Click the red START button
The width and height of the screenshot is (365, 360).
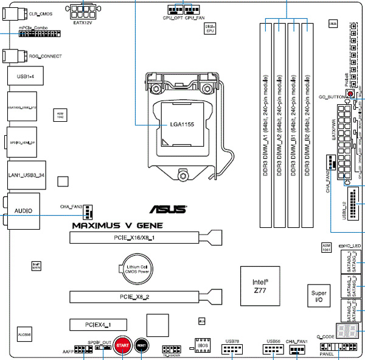(x=122, y=345)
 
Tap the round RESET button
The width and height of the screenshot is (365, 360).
(x=142, y=345)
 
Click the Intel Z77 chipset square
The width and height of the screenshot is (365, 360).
(x=263, y=286)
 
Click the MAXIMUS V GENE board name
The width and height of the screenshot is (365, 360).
(x=117, y=224)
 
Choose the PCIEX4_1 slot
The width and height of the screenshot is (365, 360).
(x=97, y=324)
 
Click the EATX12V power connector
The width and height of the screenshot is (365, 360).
(x=83, y=11)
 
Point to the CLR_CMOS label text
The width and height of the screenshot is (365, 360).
(x=41, y=12)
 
